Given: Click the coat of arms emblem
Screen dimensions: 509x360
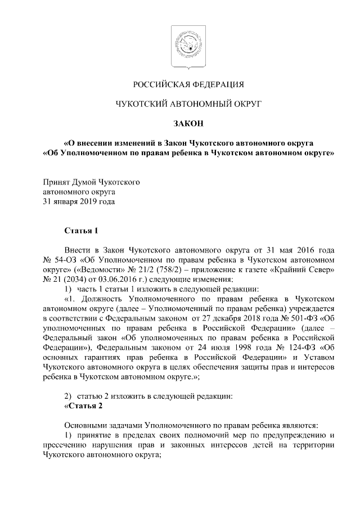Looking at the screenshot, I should click(x=180, y=47).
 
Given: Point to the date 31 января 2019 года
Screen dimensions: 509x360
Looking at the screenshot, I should click(x=79, y=201).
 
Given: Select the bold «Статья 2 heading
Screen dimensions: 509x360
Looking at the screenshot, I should click(x=84, y=406).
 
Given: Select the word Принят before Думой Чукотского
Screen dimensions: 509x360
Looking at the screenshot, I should click(x=57, y=182).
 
